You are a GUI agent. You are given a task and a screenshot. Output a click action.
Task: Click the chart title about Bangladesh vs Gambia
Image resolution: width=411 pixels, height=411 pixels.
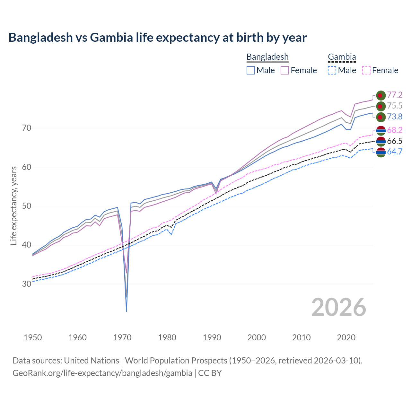(157, 38)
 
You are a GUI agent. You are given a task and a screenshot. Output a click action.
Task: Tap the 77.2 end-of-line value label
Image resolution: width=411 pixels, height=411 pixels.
(395, 95)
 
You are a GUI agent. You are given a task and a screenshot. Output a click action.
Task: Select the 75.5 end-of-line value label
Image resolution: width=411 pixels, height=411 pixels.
(395, 106)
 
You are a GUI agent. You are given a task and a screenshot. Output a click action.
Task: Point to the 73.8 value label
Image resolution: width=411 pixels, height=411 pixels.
(395, 117)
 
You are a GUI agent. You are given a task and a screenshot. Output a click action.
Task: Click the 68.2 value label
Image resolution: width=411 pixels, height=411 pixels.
(395, 130)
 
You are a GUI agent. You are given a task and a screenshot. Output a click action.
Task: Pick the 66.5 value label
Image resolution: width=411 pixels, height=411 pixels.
(395, 141)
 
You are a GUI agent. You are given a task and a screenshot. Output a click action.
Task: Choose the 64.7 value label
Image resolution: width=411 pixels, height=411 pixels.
(395, 152)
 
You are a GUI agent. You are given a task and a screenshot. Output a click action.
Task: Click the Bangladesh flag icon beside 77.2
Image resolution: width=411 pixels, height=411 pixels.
(380, 95)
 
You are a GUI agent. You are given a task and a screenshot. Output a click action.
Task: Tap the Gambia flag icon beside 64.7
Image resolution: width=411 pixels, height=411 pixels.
(380, 152)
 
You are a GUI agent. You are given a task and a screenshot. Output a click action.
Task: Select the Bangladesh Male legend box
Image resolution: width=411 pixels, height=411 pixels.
(251, 70)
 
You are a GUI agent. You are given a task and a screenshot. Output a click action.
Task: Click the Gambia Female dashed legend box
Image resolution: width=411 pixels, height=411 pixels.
(366, 70)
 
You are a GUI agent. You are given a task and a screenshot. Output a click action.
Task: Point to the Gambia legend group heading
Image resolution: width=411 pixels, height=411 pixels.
(342, 57)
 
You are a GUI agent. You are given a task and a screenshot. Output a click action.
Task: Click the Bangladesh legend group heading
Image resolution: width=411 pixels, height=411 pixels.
(267, 57)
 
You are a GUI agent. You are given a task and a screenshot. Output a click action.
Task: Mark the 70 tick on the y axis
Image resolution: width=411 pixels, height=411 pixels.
(27, 128)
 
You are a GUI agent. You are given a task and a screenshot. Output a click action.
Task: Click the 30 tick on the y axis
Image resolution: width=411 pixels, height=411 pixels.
(27, 284)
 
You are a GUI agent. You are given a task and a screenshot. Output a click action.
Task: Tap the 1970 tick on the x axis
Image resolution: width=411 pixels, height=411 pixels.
(122, 337)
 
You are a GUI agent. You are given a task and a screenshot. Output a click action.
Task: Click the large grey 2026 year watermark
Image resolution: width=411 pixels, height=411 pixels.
(338, 307)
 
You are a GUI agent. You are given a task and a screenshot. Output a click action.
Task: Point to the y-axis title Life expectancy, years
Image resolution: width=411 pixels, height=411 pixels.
(14, 205)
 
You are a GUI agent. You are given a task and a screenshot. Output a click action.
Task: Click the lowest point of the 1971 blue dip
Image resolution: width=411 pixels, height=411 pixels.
(127, 311)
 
